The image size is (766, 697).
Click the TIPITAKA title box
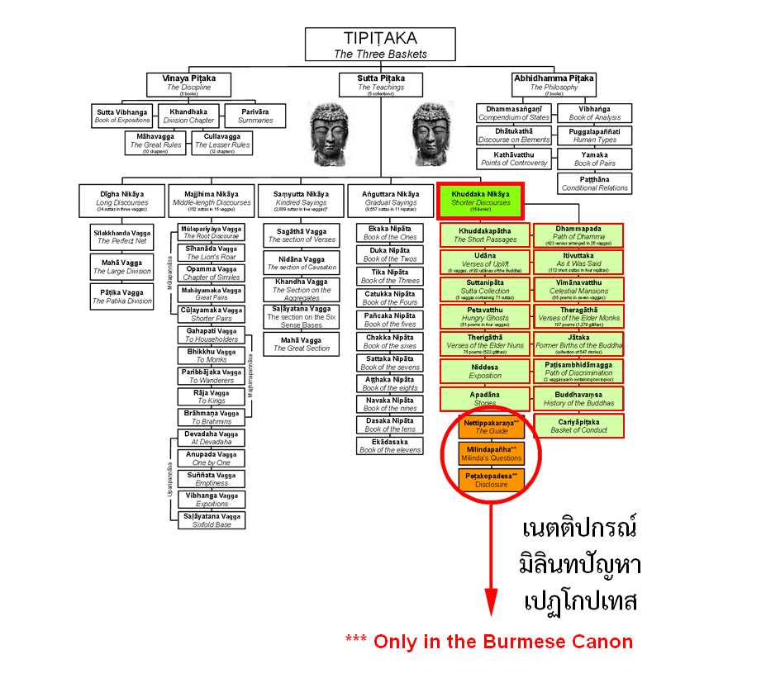tap(380, 45)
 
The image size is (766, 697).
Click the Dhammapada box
tap(578, 235)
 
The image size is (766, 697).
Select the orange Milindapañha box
tap(492, 453)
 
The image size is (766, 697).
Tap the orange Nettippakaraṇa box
tap(492, 426)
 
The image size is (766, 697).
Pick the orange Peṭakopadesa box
tap(492, 480)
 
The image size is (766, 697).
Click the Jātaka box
tap(578, 344)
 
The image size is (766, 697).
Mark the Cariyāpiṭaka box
tap(578, 425)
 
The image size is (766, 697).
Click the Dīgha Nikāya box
tap(123, 197)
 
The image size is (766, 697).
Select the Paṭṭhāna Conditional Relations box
tap(595, 183)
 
